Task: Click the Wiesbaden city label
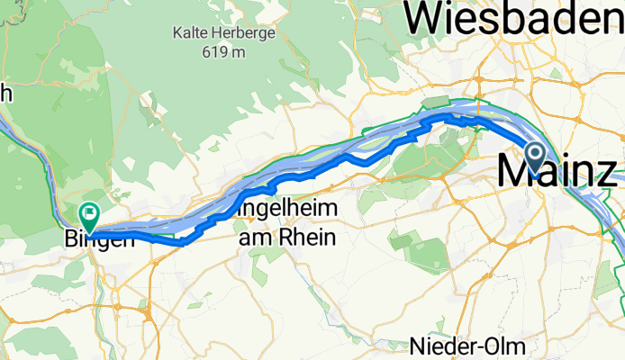514,16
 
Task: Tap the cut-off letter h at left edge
5,92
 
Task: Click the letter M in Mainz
513,170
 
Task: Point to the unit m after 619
238,52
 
